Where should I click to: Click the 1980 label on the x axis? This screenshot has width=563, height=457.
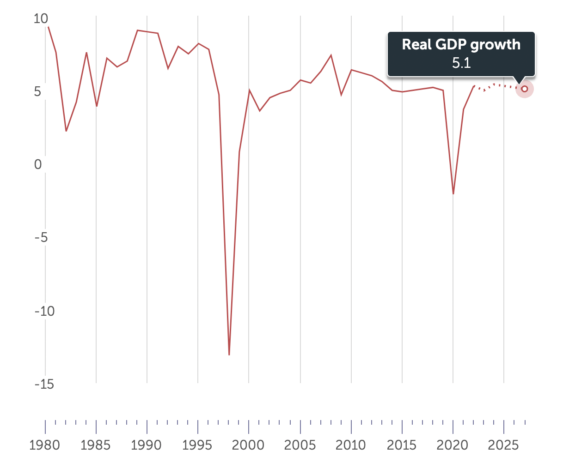click(45, 445)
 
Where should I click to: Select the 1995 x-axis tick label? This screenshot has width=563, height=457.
click(198, 445)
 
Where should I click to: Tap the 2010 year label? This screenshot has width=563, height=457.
click(351, 445)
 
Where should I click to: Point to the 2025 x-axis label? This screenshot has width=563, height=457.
click(503, 445)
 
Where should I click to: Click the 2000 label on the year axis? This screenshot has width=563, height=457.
click(249, 445)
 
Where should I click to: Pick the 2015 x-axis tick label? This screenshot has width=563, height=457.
click(402, 445)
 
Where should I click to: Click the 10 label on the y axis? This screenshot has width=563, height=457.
click(41, 19)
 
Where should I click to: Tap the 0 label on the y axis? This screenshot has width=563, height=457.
click(38, 165)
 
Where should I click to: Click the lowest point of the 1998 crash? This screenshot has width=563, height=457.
click(229, 355)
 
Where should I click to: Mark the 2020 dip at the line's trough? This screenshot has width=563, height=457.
click(453, 193)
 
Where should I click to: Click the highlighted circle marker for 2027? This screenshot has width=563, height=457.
click(525, 89)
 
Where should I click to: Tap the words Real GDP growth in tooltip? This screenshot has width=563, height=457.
click(461, 45)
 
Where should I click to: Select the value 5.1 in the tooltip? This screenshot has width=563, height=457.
click(461, 63)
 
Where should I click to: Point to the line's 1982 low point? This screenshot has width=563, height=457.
click(66, 131)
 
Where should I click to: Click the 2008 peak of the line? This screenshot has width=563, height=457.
click(331, 55)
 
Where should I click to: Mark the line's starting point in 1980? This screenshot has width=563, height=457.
click(48, 27)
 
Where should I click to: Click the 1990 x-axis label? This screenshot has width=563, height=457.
click(147, 445)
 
